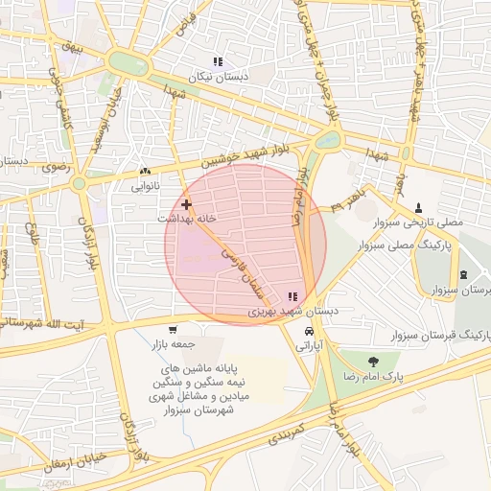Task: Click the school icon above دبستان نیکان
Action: click(x=218, y=61)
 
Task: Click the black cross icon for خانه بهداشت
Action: click(x=186, y=204)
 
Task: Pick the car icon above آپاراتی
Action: click(x=308, y=331)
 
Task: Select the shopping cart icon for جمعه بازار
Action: click(x=173, y=329)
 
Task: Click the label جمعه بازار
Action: click(x=172, y=342)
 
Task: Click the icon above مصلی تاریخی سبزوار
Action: click(x=418, y=207)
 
